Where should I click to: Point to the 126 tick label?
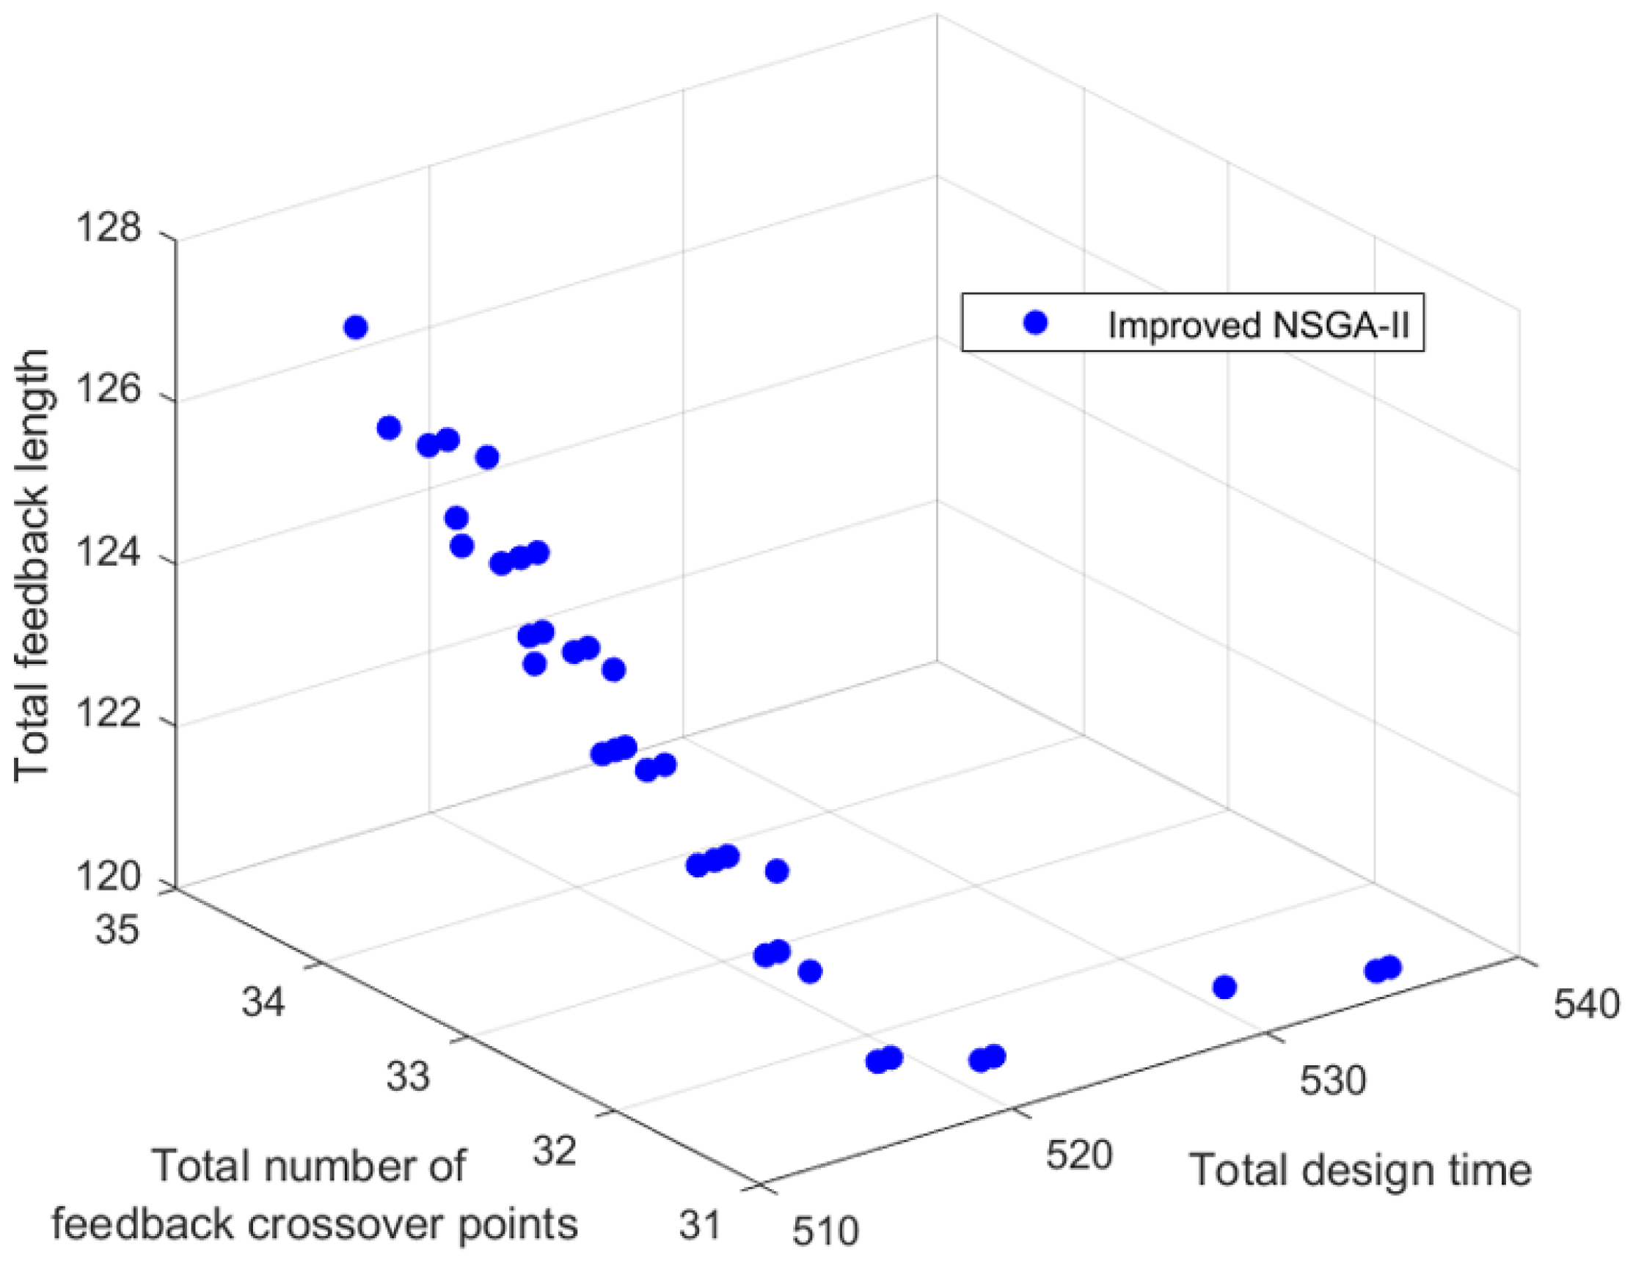(x=109, y=390)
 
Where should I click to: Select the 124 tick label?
(x=109, y=554)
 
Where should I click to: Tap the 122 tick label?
(x=109, y=715)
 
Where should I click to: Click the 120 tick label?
(x=109, y=877)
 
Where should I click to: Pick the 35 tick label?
(x=117, y=931)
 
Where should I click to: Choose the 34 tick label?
(x=263, y=1001)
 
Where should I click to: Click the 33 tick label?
(x=408, y=1076)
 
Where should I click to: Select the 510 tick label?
(x=825, y=1229)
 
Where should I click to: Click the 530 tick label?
(x=1332, y=1080)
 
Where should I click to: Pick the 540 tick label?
(x=1586, y=1006)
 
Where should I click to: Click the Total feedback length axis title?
(x=33, y=565)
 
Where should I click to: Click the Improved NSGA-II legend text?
(x=1258, y=326)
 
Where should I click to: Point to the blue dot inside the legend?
(x=1036, y=323)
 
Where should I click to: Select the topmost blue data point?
(x=356, y=327)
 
